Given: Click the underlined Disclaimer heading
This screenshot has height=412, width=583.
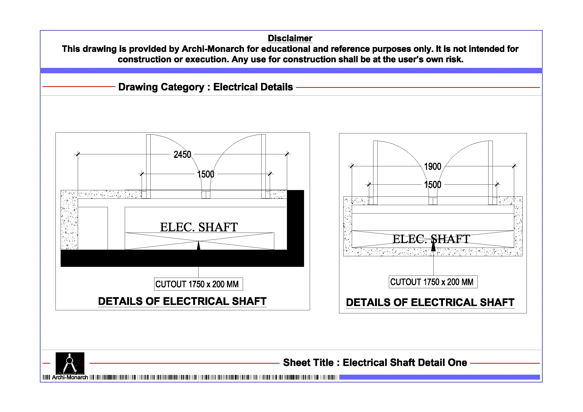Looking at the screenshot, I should click(290, 38).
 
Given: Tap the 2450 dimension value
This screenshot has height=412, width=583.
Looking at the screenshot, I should click(182, 155).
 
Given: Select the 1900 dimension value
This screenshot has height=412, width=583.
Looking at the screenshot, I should click(433, 167).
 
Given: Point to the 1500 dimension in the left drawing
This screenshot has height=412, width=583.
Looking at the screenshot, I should click(206, 174).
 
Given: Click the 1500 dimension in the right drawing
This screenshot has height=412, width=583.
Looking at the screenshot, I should click(433, 185).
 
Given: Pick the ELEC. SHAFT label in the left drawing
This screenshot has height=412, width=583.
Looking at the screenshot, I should click(199, 227).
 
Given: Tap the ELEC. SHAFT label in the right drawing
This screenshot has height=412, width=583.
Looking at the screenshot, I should click(431, 239).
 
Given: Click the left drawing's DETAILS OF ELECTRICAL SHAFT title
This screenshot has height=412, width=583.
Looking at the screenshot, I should click(182, 301).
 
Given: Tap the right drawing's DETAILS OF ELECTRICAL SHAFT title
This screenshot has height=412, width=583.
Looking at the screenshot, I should click(430, 302).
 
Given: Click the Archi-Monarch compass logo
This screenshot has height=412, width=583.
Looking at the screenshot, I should click(70, 363).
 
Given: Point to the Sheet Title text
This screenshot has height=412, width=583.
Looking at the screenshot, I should click(375, 362).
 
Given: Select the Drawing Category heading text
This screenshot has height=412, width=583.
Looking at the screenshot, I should click(205, 87).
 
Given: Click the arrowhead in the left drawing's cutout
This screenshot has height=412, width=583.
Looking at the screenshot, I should click(199, 245).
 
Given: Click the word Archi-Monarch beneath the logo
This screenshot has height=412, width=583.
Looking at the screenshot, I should click(70, 377).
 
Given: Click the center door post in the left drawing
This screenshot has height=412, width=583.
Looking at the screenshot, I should click(206, 195).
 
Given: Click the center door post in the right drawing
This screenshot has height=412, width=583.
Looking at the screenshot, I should click(433, 201).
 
